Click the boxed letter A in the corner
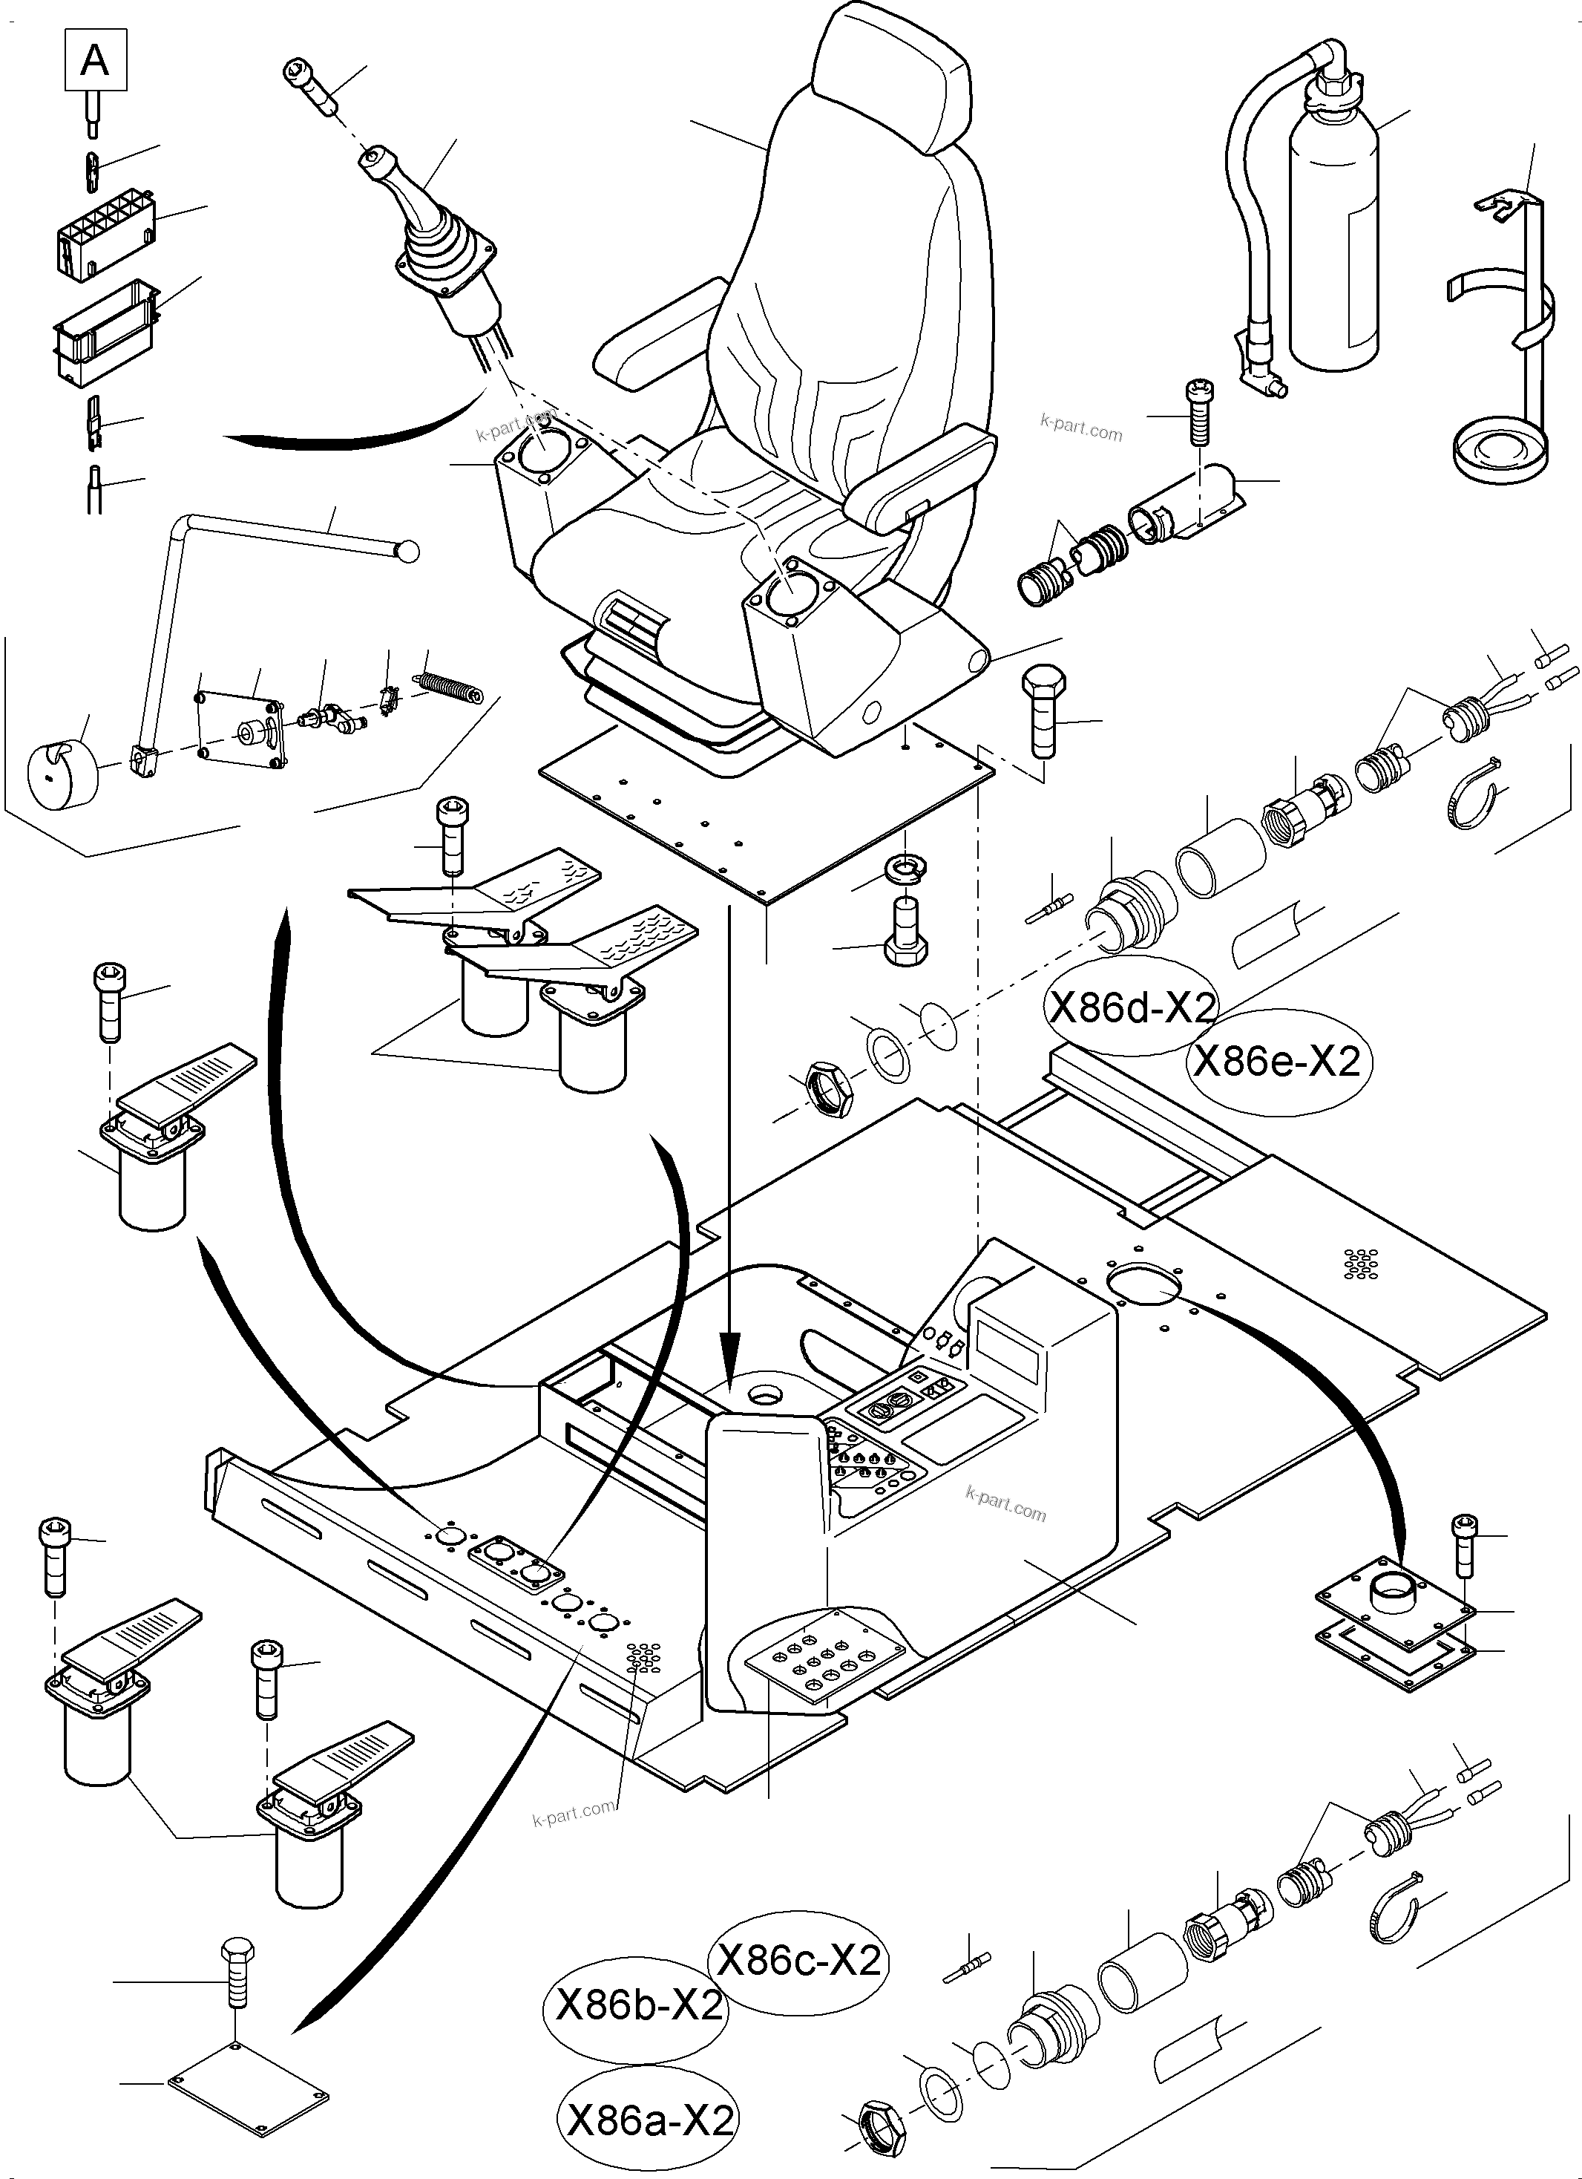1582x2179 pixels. pyautogui.click(x=95, y=61)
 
